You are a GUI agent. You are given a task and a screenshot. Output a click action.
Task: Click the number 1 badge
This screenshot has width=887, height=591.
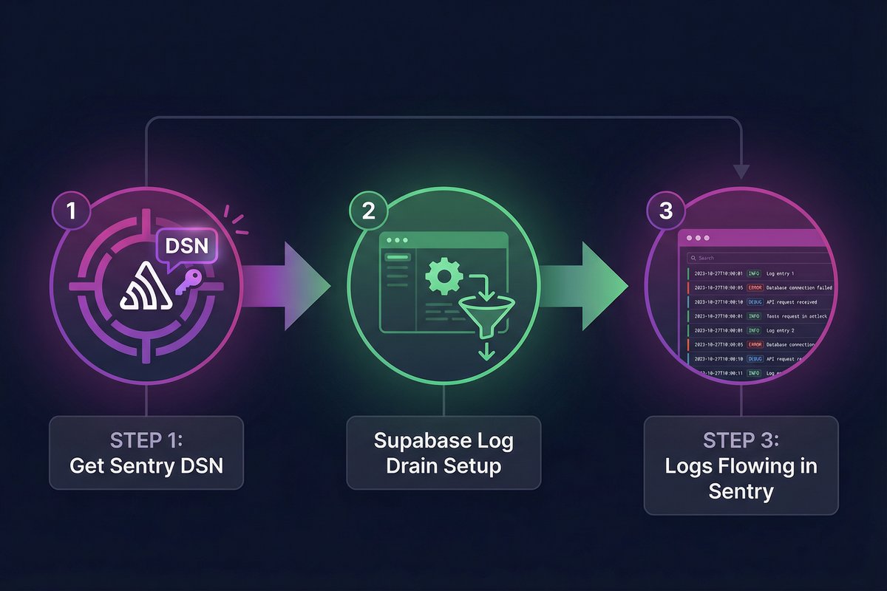(71, 211)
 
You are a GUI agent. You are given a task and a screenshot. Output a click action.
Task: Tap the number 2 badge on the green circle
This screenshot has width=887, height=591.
(368, 211)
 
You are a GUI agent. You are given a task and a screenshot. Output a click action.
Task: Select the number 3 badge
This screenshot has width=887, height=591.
(665, 211)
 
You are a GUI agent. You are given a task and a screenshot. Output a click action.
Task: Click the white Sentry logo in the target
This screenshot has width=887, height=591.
(146, 289)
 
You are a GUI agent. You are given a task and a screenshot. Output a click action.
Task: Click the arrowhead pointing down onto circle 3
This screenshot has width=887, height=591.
(741, 171)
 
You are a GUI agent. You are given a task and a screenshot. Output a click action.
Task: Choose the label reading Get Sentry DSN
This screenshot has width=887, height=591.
(146, 466)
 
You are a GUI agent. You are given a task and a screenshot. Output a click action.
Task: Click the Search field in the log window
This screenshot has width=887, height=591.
(754, 258)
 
